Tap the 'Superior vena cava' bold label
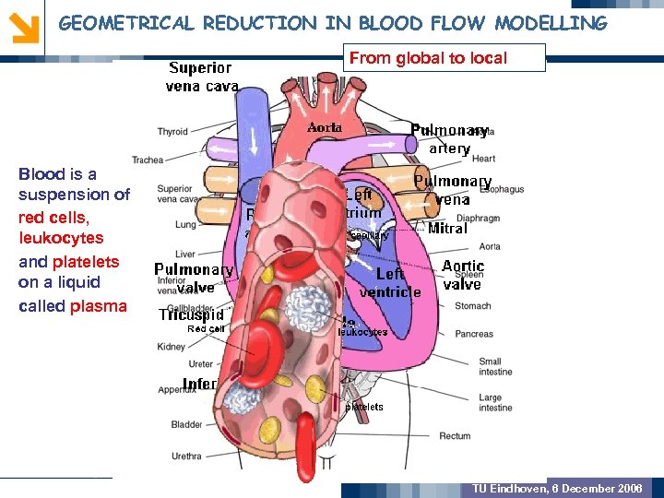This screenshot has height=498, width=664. click(x=202, y=77)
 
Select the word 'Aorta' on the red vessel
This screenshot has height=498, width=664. click(x=325, y=127)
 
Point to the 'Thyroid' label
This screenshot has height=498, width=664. click(x=172, y=132)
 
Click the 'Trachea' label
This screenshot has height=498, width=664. click(x=148, y=160)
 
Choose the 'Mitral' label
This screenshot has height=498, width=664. click(x=447, y=228)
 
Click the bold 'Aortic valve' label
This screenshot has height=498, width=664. click(x=462, y=275)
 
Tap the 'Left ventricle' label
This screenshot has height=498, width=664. click(x=390, y=283)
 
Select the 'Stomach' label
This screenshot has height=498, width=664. click(x=473, y=305)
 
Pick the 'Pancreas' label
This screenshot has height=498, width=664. click(x=474, y=334)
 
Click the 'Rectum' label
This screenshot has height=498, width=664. click(x=480, y=436)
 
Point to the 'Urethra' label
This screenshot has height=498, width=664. click(x=186, y=456)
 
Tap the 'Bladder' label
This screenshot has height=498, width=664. click(x=186, y=425)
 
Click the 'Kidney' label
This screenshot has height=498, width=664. click(x=172, y=347)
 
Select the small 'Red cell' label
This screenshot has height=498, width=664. click(x=206, y=328)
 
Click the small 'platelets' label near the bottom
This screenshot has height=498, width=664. click(x=364, y=407)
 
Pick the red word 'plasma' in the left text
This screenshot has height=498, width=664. click(x=99, y=306)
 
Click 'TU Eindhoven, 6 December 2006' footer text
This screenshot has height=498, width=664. click(x=557, y=488)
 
